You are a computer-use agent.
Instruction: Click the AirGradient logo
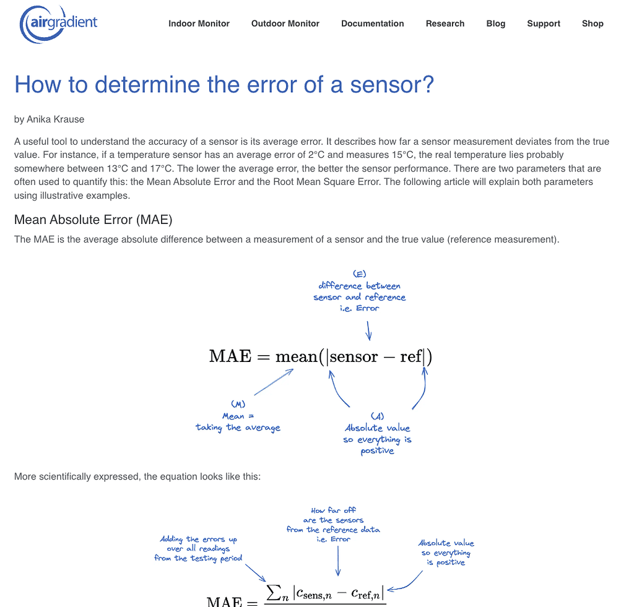tap(59, 24)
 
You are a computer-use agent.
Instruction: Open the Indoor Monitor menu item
tap(199, 24)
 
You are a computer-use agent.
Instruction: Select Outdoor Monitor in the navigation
tap(285, 24)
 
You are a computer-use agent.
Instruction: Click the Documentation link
tap(373, 24)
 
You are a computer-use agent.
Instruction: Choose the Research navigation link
tap(445, 24)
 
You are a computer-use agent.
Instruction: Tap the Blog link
tap(496, 24)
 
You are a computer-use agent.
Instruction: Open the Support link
tap(544, 24)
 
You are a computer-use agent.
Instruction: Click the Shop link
tap(593, 24)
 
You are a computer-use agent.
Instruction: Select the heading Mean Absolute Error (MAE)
tap(93, 220)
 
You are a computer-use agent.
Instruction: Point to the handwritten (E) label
tap(360, 273)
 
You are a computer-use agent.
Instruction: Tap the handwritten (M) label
tap(237, 404)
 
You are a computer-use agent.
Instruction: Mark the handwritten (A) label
tap(377, 416)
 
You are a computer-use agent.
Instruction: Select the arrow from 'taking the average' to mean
tap(273, 382)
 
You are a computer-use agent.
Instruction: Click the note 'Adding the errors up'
tap(198, 539)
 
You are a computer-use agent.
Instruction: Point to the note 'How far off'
tap(334, 510)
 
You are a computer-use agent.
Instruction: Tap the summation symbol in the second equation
tap(273, 593)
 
